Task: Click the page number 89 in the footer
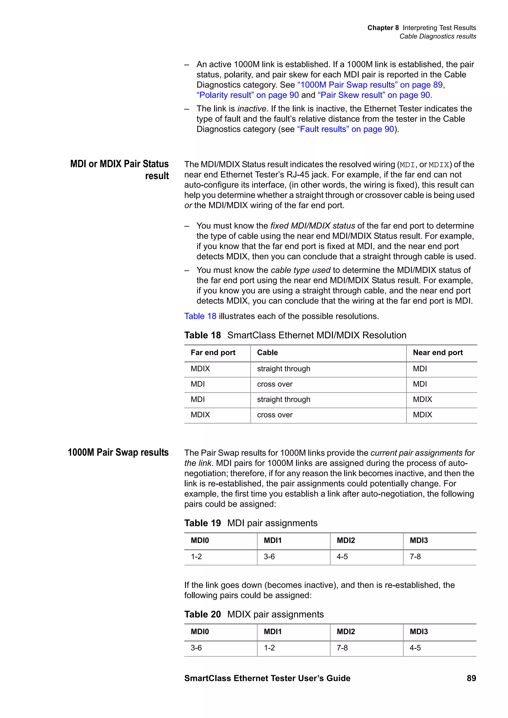[x=471, y=678]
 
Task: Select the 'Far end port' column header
[x=213, y=352]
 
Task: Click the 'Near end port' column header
[x=438, y=352]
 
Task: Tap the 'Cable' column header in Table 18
[x=267, y=352]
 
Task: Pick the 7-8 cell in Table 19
[x=415, y=557]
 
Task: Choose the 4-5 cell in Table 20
[x=415, y=648]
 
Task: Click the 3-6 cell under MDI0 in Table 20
[x=196, y=648]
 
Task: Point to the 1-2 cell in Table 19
[x=196, y=557]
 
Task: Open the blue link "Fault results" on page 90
[x=345, y=129]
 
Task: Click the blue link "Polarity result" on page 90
[x=247, y=95]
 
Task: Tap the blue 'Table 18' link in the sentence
[x=200, y=316]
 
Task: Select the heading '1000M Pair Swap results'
[x=118, y=452]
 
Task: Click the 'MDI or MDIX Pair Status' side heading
[x=119, y=164]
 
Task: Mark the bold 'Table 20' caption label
[x=202, y=614]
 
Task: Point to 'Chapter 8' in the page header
[x=383, y=28]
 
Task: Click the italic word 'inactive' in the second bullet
[x=252, y=109]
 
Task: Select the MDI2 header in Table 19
[x=346, y=540]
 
